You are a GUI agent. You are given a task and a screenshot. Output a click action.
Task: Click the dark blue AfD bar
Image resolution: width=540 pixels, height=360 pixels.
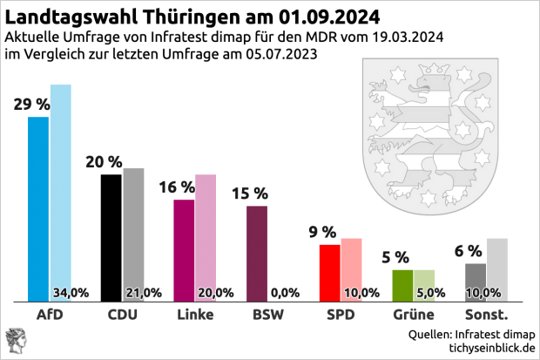tap(38, 209)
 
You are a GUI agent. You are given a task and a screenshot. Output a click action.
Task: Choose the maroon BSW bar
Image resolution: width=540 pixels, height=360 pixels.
tap(257, 254)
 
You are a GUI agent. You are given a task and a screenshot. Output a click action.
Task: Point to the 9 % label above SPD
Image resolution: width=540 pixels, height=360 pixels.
tap(322, 232)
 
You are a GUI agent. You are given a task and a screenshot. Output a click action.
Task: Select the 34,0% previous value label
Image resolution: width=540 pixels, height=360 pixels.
tap(71, 292)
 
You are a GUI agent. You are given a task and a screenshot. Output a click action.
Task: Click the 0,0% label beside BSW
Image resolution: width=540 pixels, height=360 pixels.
tap(286, 292)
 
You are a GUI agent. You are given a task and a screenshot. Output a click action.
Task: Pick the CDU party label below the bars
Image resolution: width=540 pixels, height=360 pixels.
tap(122, 314)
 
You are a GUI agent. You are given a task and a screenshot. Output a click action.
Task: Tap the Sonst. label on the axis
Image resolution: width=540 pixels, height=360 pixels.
tap(486, 314)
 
